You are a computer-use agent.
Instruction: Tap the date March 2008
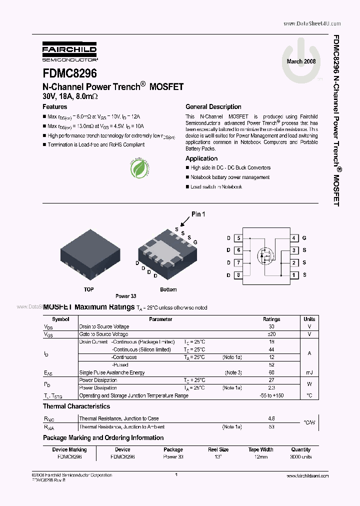point(301,61)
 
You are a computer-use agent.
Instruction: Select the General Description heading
point(213,106)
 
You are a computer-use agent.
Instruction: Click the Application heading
point(201,158)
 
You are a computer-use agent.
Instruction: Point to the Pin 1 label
point(198,214)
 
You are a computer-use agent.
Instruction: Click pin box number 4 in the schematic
point(295,238)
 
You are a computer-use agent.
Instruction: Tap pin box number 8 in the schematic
point(238,274)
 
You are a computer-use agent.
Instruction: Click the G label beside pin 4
point(304,238)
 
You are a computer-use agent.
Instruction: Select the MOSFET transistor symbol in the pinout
point(266,256)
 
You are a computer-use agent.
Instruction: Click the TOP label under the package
point(88,289)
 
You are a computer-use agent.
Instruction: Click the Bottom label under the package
point(168,289)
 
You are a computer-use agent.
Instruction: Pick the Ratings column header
point(271,319)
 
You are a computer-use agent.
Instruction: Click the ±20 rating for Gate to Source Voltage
point(271,334)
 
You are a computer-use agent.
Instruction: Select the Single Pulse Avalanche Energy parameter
point(112,372)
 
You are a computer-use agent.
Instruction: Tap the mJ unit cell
point(309,372)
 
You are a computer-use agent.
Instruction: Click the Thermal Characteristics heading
point(76,406)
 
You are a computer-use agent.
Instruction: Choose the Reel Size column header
point(218,449)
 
